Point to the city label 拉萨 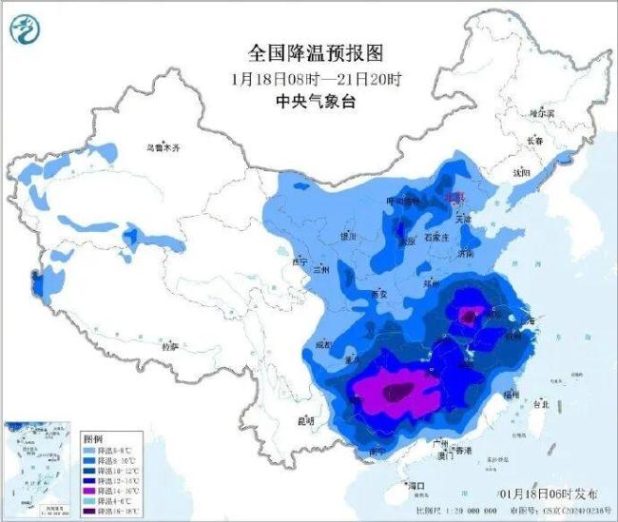click(170, 347)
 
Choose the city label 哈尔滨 click(541, 113)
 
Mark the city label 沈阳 click(521, 173)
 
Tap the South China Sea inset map click(39, 467)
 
